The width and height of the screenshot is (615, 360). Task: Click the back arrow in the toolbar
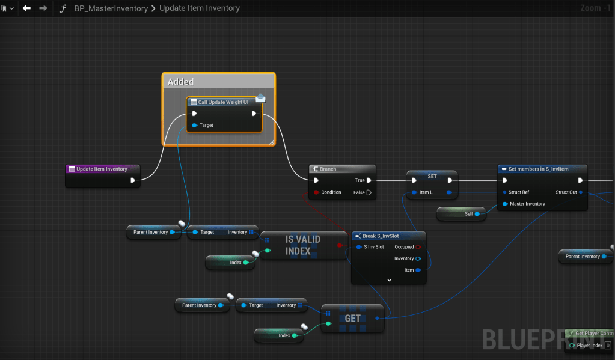26,8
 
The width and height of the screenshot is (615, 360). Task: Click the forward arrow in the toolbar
43,8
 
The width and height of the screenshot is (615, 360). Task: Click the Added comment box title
181,82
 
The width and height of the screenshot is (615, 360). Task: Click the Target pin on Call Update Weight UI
195,125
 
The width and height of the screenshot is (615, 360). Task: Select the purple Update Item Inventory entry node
102,169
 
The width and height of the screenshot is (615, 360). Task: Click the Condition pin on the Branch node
316,192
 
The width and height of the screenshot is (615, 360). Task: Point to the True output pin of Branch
369,180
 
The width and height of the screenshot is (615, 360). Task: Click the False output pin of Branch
369,192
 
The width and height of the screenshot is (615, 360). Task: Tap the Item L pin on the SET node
414,192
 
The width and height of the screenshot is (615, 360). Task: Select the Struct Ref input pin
505,192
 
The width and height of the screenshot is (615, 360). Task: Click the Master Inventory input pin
505,204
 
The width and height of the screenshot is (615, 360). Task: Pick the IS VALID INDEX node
302,245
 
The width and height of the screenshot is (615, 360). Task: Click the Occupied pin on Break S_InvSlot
418,247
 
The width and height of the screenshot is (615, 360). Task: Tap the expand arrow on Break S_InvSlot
389,280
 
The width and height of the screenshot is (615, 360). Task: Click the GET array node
352,318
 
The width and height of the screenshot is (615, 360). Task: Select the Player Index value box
608,346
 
